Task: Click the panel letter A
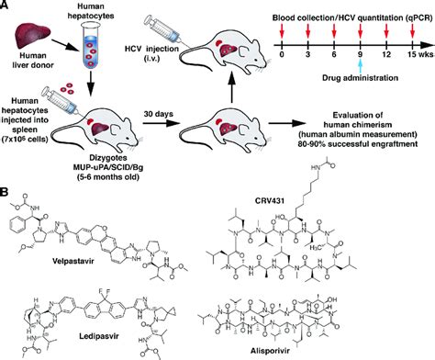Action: click(x=7, y=7)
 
